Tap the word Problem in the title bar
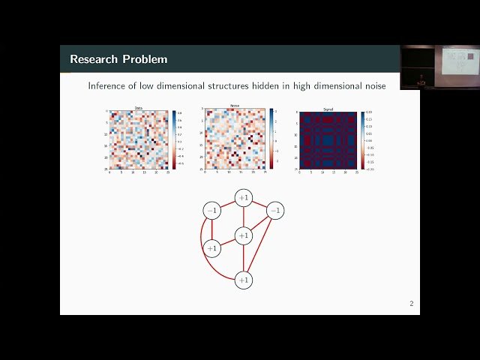click(x=146, y=59)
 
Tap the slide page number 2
click(x=411, y=304)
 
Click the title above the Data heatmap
click(x=139, y=108)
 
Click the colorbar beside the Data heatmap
click(x=174, y=139)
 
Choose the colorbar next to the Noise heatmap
click(x=272, y=139)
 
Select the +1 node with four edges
click(x=243, y=235)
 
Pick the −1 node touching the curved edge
click(x=212, y=211)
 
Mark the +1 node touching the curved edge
click(x=243, y=280)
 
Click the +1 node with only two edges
click(x=212, y=247)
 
